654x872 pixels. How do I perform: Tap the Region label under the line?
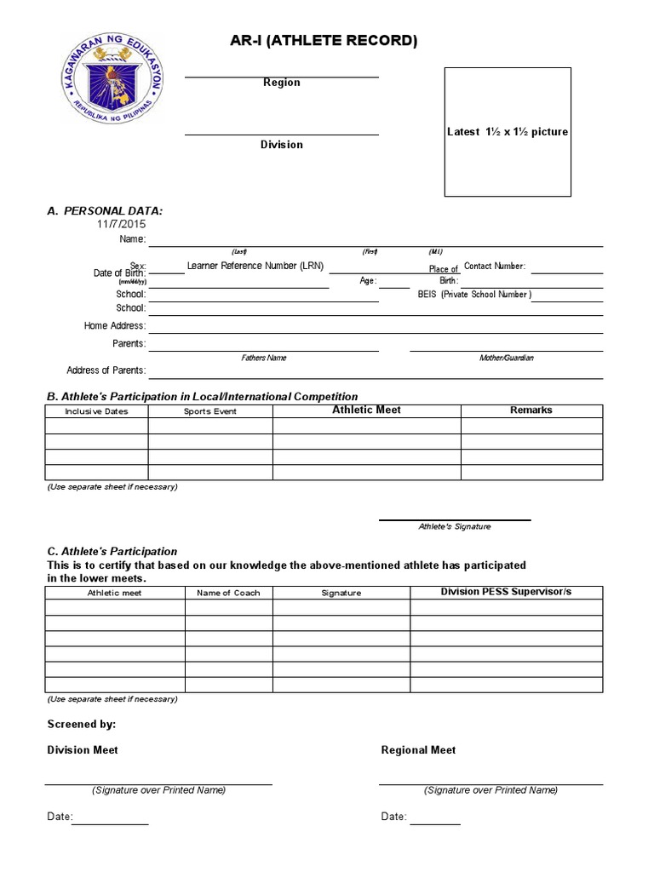tap(281, 83)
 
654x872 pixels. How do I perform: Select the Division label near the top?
tap(281, 145)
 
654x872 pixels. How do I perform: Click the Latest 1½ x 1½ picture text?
tap(508, 132)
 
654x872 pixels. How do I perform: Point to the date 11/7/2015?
tap(121, 224)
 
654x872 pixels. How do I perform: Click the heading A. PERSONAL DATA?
tap(105, 210)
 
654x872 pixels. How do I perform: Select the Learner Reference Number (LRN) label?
tap(255, 266)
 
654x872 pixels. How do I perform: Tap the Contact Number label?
tap(495, 267)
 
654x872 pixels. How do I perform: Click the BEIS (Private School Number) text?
tap(474, 295)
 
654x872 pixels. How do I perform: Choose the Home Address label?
tap(114, 326)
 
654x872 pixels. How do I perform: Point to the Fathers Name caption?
tap(264, 359)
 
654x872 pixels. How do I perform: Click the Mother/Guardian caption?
tap(507, 359)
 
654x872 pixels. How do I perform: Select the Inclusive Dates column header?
tap(96, 411)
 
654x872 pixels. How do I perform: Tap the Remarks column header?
tap(531, 410)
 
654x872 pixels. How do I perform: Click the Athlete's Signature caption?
tap(455, 527)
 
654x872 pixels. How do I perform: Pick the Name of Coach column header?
tap(228, 593)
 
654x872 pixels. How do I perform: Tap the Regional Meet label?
tap(418, 750)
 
